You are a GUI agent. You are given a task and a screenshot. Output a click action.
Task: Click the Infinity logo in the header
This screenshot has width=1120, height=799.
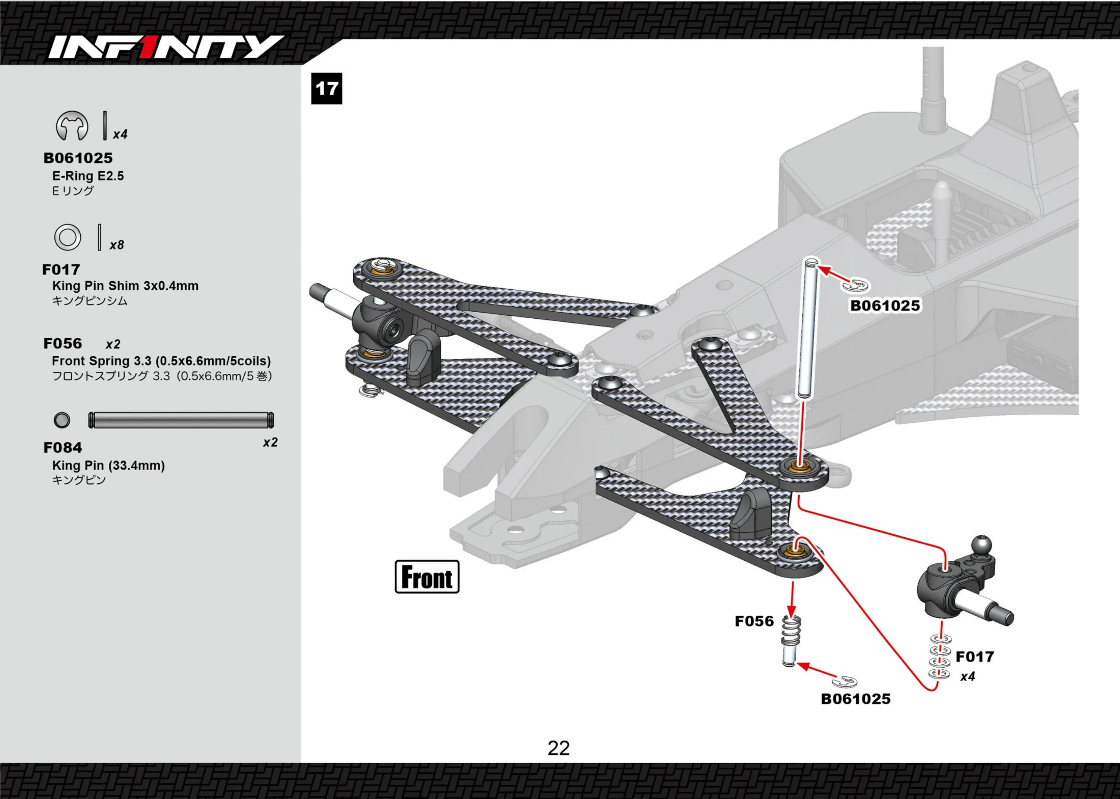tap(166, 47)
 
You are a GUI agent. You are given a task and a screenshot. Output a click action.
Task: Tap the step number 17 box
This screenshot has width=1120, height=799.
tap(327, 89)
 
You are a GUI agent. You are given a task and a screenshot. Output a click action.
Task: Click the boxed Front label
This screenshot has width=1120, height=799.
tap(427, 577)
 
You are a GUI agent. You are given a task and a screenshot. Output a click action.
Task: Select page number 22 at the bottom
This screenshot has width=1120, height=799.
tap(559, 748)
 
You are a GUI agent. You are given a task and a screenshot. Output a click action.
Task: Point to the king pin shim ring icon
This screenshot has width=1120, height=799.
tap(67, 237)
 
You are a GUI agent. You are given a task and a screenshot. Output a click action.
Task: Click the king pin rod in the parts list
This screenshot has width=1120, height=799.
tap(181, 420)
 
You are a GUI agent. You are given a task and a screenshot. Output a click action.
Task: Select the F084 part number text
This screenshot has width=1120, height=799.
tap(62, 448)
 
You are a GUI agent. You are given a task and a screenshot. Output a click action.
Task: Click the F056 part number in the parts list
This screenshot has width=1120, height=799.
tap(62, 343)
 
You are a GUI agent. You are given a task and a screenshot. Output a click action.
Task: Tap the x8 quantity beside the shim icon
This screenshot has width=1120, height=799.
tap(117, 245)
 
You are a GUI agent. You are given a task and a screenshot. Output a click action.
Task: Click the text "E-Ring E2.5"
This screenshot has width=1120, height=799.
tap(88, 176)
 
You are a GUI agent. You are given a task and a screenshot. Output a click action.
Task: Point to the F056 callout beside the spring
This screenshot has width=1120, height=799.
tap(754, 621)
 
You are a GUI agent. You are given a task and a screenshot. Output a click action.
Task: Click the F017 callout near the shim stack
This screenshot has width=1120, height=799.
tap(975, 657)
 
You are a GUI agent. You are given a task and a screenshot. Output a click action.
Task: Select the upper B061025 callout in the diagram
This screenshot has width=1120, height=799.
tap(885, 306)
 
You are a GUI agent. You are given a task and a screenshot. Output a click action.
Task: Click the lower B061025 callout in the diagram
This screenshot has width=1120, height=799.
tap(856, 699)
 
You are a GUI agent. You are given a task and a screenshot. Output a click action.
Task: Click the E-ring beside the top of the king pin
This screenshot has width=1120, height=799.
tap(856, 285)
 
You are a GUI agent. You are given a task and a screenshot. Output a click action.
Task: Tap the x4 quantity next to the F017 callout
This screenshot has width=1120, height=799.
tap(968, 676)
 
